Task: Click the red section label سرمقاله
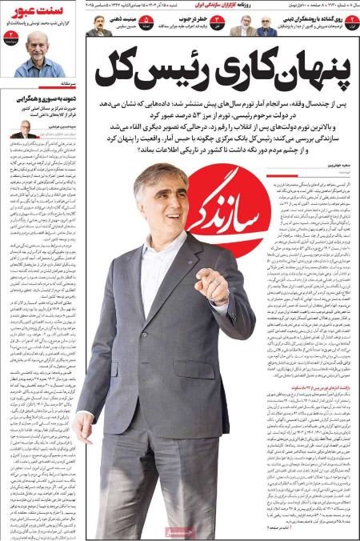68,83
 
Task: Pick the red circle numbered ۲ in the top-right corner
352,22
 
